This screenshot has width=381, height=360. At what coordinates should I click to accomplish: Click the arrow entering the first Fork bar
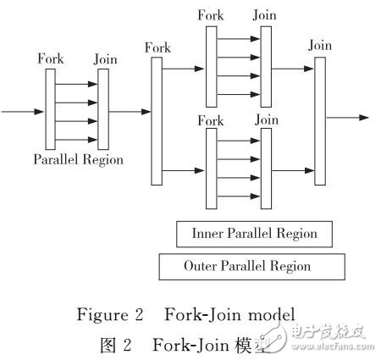tap(24, 110)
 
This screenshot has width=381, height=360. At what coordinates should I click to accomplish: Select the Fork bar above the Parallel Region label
tap(50, 108)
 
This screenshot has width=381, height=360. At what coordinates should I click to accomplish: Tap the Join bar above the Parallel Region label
tap(102, 108)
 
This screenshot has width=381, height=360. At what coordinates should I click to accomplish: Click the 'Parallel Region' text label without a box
tap(78, 158)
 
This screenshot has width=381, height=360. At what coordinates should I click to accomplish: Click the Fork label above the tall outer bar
tap(157, 48)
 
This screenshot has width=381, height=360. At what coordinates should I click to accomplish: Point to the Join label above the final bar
tap(319, 45)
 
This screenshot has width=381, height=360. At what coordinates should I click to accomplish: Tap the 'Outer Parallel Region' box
tap(247, 266)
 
